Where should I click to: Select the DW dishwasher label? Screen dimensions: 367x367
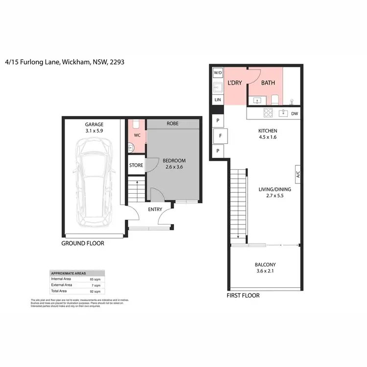tap(294, 114)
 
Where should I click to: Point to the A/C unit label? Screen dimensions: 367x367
tap(297, 174)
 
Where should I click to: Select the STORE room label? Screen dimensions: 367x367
tap(136, 165)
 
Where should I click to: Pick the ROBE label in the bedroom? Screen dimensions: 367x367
tap(172, 124)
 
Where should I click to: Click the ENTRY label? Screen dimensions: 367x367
tap(155, 209)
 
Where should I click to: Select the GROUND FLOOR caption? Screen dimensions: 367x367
tap(83, 243)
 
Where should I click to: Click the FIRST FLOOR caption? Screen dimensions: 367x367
tap(243, 296)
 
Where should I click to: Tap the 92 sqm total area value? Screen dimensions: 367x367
tap(97, 291)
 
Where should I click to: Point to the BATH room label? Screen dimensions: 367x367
tap(268, 83)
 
